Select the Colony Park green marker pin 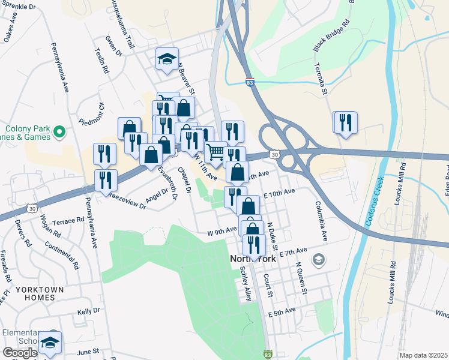(58, 131)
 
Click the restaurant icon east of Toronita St (345, 122)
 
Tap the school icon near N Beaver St (167, 59)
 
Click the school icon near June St (50, 343)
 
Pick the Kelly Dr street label (88, 311)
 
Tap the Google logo (19, 352)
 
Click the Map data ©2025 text (424, 355)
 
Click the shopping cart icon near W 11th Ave (215, 151)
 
